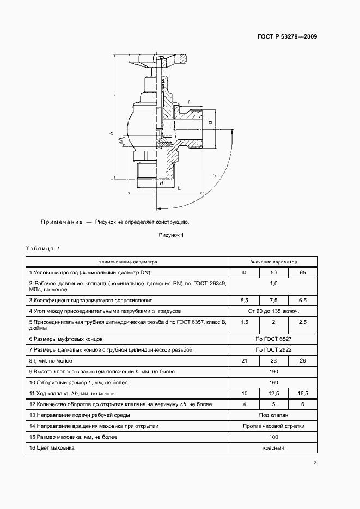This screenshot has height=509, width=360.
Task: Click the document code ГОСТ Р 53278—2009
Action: (x=287, y=37)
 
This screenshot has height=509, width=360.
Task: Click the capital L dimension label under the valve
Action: (x=179, y=188)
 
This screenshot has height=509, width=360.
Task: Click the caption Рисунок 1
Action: (x=172, y=235)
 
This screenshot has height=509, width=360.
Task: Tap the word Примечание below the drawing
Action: (x=61, y=222)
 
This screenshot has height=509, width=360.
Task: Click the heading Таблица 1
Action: (x=43, y=249)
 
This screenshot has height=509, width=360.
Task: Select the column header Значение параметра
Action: (x=274, y=261)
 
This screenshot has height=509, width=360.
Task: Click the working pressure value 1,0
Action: (x=274, y=284)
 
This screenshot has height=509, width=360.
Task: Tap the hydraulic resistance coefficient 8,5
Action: (x=245, y=300)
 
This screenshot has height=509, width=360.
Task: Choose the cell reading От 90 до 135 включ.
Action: (x=274, y=311)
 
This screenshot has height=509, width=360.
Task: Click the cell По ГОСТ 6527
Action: (x=274, y=339)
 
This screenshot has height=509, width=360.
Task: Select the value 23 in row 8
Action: (x=274, y=361)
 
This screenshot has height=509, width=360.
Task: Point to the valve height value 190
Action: (x=274, y=372)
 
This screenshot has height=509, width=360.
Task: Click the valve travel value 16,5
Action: (x=303, y=393)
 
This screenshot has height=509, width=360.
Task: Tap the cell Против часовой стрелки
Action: (x=274, y=426)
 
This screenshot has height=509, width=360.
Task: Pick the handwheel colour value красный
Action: (x=274, y=448)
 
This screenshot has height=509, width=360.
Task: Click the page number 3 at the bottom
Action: (x=315, y=463)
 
